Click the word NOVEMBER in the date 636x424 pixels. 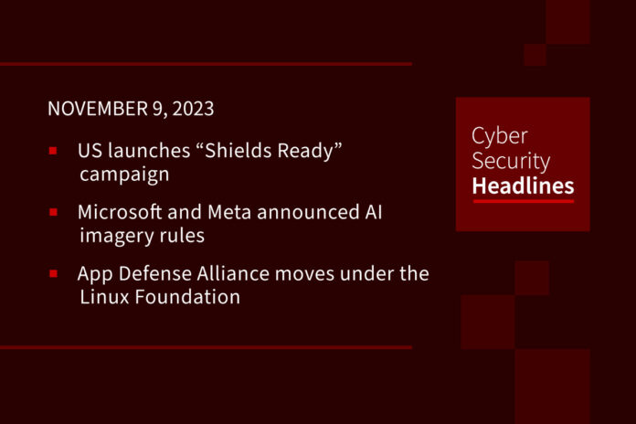98,109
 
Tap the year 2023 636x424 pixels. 193,109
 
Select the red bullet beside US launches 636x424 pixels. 53,151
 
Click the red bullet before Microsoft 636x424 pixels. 53,212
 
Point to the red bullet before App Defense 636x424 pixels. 53,274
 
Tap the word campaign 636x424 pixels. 124,175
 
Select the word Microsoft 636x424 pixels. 120,212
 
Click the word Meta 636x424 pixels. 229,212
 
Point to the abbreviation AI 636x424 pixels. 373,212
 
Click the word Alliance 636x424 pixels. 234,273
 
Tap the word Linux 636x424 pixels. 104,297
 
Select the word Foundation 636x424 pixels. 187,297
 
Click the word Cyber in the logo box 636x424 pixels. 500,136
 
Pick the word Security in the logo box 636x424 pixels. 511,161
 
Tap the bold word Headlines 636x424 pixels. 523,185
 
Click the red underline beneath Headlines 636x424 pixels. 524,200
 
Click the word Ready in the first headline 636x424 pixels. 305,151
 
